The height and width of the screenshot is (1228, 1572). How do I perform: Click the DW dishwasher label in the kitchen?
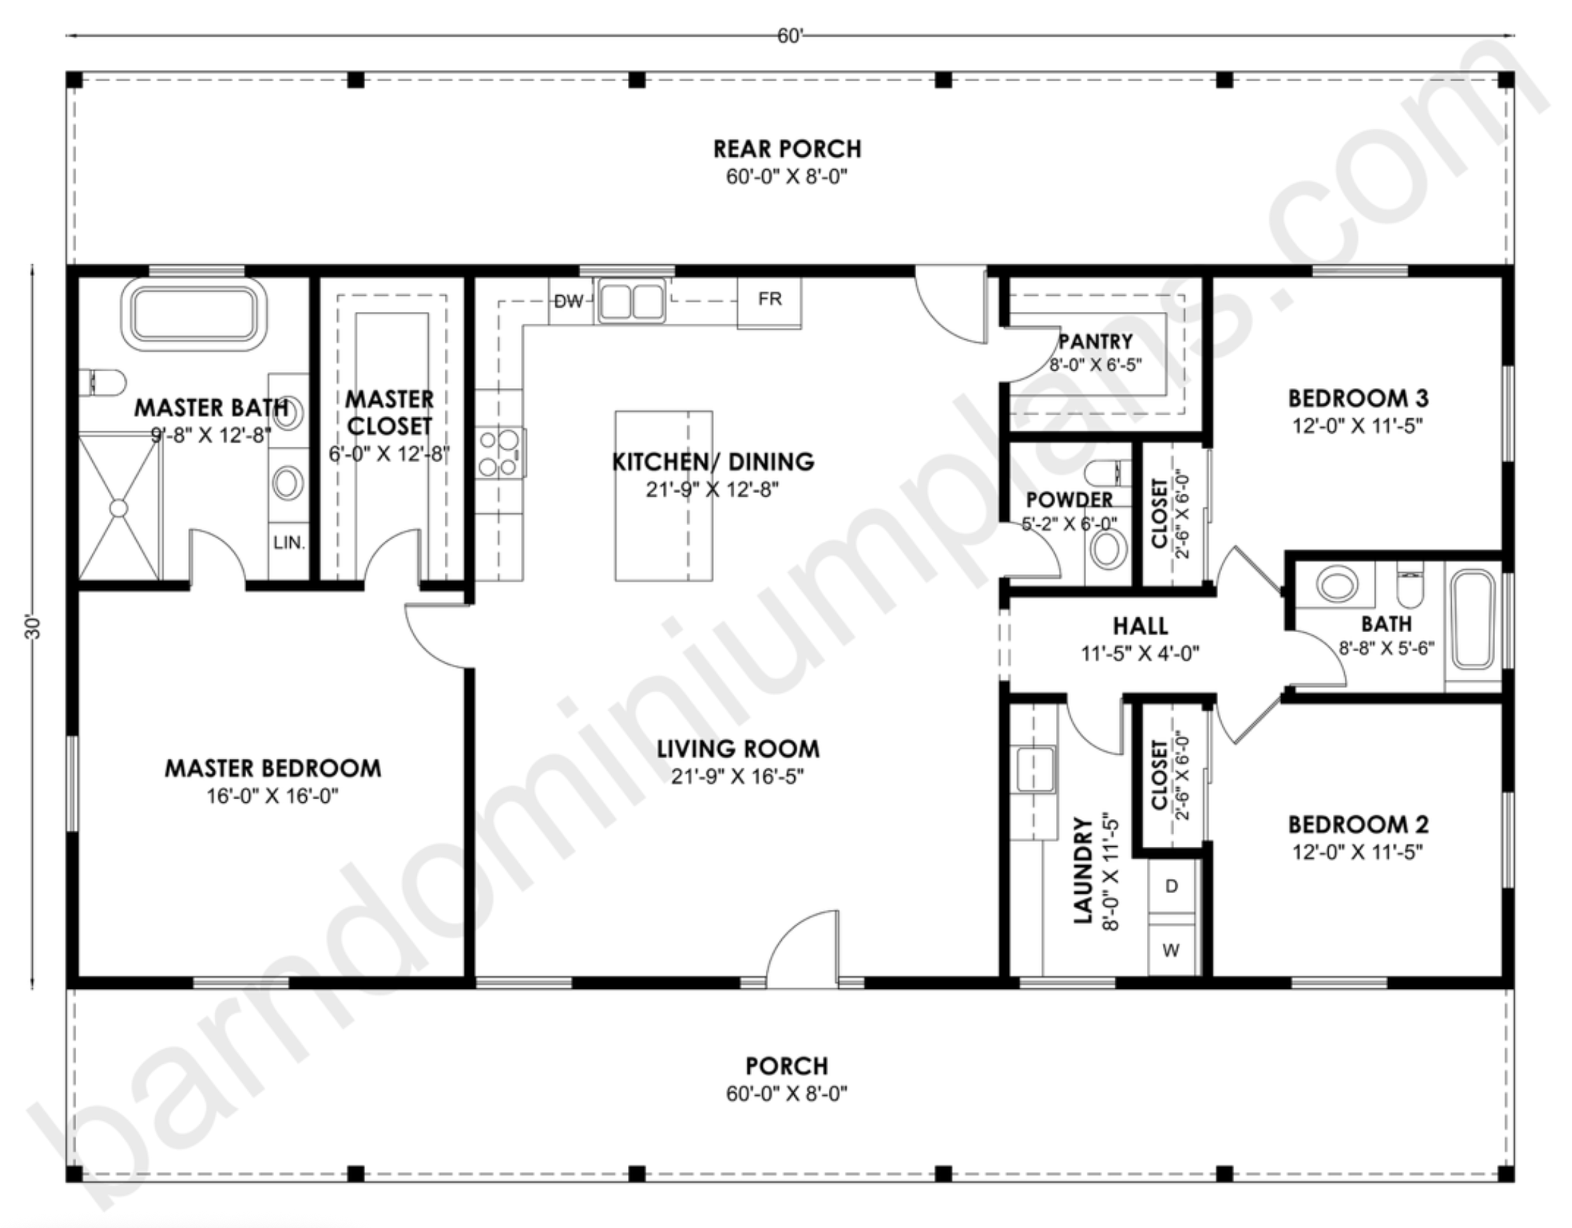569,301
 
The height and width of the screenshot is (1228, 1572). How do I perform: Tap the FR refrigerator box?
769,302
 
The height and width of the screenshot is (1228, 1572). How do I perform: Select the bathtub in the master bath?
194,315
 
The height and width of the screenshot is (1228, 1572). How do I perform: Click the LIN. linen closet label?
290,543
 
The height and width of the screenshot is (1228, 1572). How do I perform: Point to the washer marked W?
1171,950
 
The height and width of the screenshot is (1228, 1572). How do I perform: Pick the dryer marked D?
1171,887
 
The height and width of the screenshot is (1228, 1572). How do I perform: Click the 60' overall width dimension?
789,36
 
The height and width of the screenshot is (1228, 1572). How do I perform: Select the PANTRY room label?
1096,341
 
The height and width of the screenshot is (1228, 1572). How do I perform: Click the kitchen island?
664,496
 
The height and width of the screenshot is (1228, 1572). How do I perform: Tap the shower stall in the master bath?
119,507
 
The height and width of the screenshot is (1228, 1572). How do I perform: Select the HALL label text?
1140,625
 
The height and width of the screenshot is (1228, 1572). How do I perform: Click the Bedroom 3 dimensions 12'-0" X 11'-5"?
1357,425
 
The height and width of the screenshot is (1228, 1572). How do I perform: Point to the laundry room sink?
1034,769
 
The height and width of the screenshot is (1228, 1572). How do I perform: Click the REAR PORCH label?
787,148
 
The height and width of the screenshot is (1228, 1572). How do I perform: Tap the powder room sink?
1108,550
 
